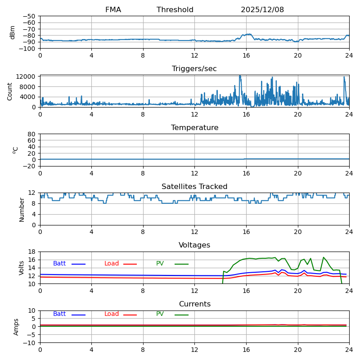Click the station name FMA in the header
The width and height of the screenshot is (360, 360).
pos(113,10)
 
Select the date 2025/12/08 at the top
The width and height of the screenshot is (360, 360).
pos(262,10)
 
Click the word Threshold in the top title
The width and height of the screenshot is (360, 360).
pos(175,10)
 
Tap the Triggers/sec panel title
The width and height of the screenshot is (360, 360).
pos(194,69)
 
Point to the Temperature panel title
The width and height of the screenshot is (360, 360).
pos(194,128)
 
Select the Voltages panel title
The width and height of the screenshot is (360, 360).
pos(194,245)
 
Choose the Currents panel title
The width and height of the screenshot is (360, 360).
pos(194,304)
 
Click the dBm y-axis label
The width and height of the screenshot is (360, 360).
pos(13,32)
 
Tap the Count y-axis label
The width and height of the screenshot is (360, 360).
pos(10,91)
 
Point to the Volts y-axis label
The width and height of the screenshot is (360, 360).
pos(22,268)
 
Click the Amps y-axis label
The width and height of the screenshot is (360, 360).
pos(16,327)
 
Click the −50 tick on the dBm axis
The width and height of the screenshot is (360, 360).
pos(29,16)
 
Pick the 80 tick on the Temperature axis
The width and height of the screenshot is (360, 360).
pos(32,134)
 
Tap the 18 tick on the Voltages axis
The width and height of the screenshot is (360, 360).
pos(32,252)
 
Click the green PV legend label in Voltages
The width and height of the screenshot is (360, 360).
pos(160,264)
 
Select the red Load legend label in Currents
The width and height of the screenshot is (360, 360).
pos(112,314)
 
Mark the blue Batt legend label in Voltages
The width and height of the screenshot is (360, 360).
pos(59,264)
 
